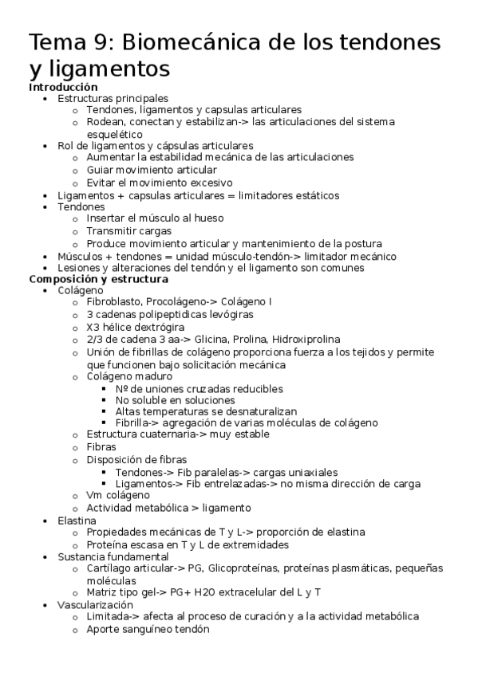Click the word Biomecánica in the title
[212, 41]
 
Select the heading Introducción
[63, 86]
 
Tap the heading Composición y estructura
[98, 279]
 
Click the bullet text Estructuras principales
[113, 98]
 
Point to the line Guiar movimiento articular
[152, 170]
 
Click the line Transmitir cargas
[130, 230]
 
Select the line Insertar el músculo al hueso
[155, 218]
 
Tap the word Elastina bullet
[77, 520]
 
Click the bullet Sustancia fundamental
[113, 556]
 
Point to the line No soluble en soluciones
[175, 399]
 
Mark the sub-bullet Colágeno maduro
[130, 375]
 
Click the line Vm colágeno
[117, 495]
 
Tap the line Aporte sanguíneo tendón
[148, 629]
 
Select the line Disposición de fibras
[136, 459]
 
